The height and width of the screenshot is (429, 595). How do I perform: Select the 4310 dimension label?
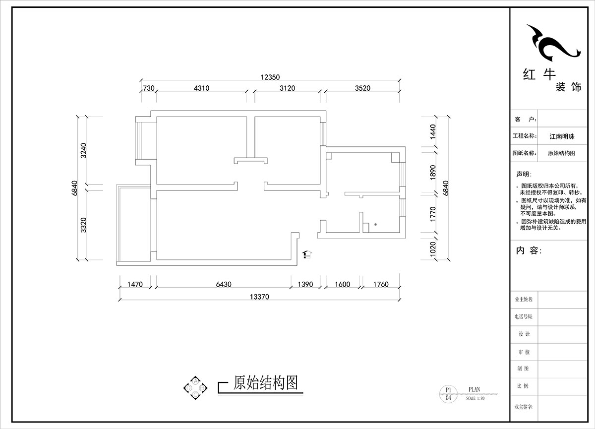(x=201, y=88)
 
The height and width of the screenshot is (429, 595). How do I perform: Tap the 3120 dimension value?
(x=287, y=88)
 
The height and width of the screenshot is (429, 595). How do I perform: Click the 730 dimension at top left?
(x=148, y=88)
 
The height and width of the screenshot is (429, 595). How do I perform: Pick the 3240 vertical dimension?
(x=83, y=150)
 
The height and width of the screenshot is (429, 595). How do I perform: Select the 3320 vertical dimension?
(x=83, y=225)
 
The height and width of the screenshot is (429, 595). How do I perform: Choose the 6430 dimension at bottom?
(x=224, y=285)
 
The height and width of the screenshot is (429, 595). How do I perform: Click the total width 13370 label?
(x=259, y=297)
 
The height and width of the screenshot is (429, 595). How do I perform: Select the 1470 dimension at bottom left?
(x=135, y=285)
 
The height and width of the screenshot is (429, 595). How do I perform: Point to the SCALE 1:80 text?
(x=475, y=398)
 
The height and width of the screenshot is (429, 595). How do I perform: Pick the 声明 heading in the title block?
(x=523, y=174)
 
